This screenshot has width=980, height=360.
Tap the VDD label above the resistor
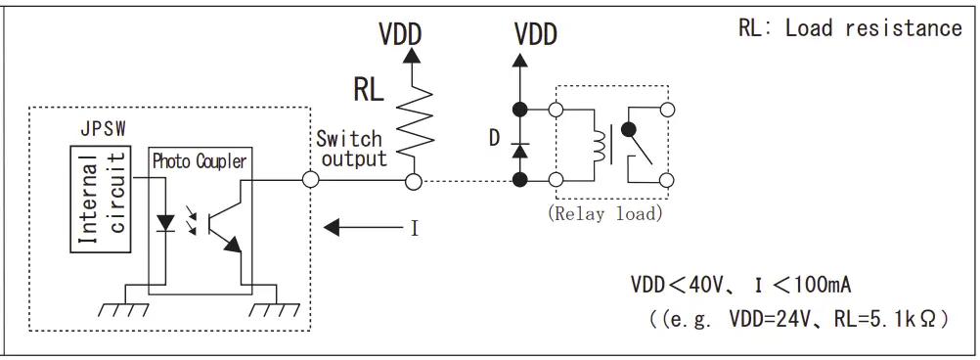(400, 33)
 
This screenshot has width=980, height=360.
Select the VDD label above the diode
(535, 35)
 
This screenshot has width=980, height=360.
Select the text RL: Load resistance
(849, 28)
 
